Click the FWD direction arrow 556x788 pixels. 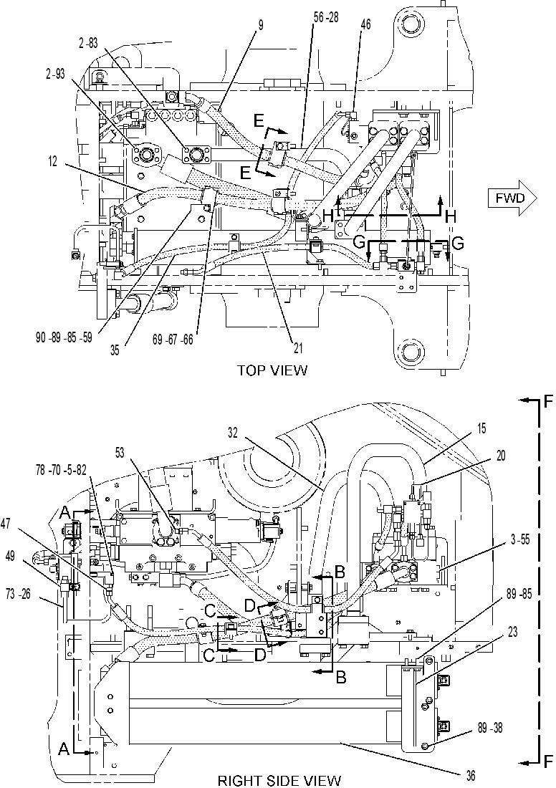tap(512, 198)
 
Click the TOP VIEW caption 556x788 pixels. tap(272, 371)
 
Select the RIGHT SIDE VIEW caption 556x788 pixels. tap(279, 780)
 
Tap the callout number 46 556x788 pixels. tap(365, 24)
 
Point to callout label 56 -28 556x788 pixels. tap(326, 17)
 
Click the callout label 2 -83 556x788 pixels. tap(88, 44)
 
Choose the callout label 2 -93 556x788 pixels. tap(54, 73)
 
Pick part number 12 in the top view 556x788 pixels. tap(53, 162)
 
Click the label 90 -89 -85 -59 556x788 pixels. tap(64, 338)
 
